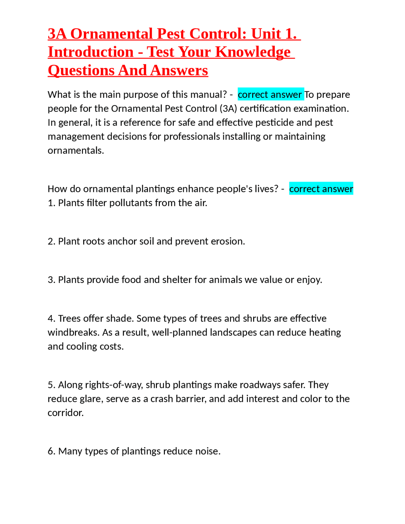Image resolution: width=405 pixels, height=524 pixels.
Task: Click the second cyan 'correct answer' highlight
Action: click(321, 189)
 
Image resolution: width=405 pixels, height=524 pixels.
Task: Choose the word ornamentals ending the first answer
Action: click(76, 150)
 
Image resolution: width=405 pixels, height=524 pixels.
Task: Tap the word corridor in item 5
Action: click(65, 413)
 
